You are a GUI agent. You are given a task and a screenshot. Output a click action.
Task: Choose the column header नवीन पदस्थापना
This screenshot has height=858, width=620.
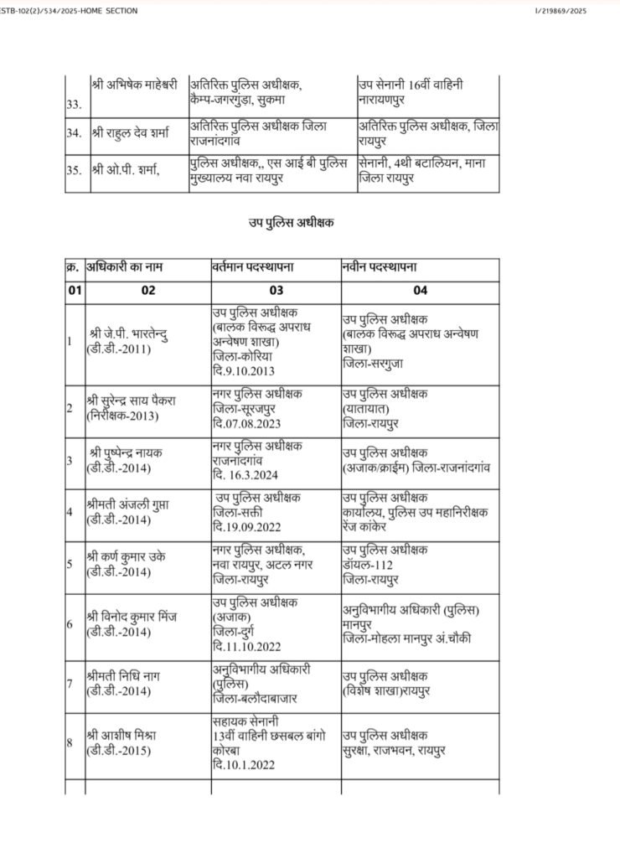tap(380, 267)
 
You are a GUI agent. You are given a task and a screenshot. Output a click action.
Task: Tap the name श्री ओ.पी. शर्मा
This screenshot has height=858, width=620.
tap(127, 169)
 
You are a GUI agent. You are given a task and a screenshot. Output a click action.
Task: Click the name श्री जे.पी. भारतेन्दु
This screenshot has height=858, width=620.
tap(134, 336)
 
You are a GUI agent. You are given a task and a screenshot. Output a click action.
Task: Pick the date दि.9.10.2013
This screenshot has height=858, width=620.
tap(244, 370)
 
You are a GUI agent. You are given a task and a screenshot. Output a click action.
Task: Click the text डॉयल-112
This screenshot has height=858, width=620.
tap(369, 564)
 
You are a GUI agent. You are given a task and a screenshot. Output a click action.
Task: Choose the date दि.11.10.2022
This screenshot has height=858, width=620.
tap(247, 646)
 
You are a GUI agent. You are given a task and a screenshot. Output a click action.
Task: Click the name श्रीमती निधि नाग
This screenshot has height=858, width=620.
tap(127, 679)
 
